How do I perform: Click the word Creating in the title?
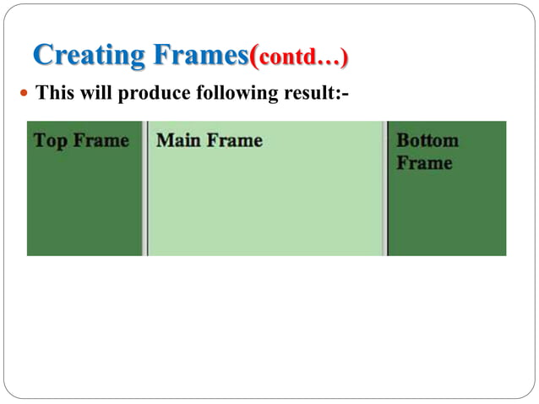point(89,56)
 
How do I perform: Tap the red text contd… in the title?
point(300,59)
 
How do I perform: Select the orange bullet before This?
point(24,92)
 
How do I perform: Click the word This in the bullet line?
point(53,92)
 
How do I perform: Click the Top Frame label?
point(81,140)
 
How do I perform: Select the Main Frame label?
point(210,140)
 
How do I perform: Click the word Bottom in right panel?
point(427,140)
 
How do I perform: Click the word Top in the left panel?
point(50,140)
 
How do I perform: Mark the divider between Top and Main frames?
point(145,188)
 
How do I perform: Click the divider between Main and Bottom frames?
point(385,188)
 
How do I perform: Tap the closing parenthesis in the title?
point(344,59)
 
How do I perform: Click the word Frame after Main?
point(235,140)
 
